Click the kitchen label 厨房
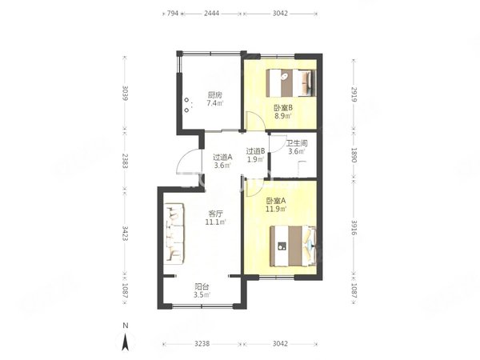[x=215, y=95]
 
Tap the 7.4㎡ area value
[x=215, y=103]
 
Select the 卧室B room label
[x=283, y=108]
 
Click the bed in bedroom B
[x=291, y=83]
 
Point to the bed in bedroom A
[x=293, y=246]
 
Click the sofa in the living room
[x=174, y=234]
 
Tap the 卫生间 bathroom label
[x=297, y=143]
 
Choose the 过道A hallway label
[x=222, y=158]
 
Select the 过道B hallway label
[x=256, y=151]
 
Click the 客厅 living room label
[x=215, y=214]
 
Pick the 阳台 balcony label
[x=202, y=287]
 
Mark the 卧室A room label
[x=276, y=201]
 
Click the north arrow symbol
[x=125, y=342]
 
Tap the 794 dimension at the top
[x=172, y=14]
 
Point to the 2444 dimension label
[x=211, y=14]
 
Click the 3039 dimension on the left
[x=125, y=93]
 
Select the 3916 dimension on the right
[x=354, y=227]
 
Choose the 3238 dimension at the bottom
[x=202, y=344]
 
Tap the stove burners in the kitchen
[x=186, y=105]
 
